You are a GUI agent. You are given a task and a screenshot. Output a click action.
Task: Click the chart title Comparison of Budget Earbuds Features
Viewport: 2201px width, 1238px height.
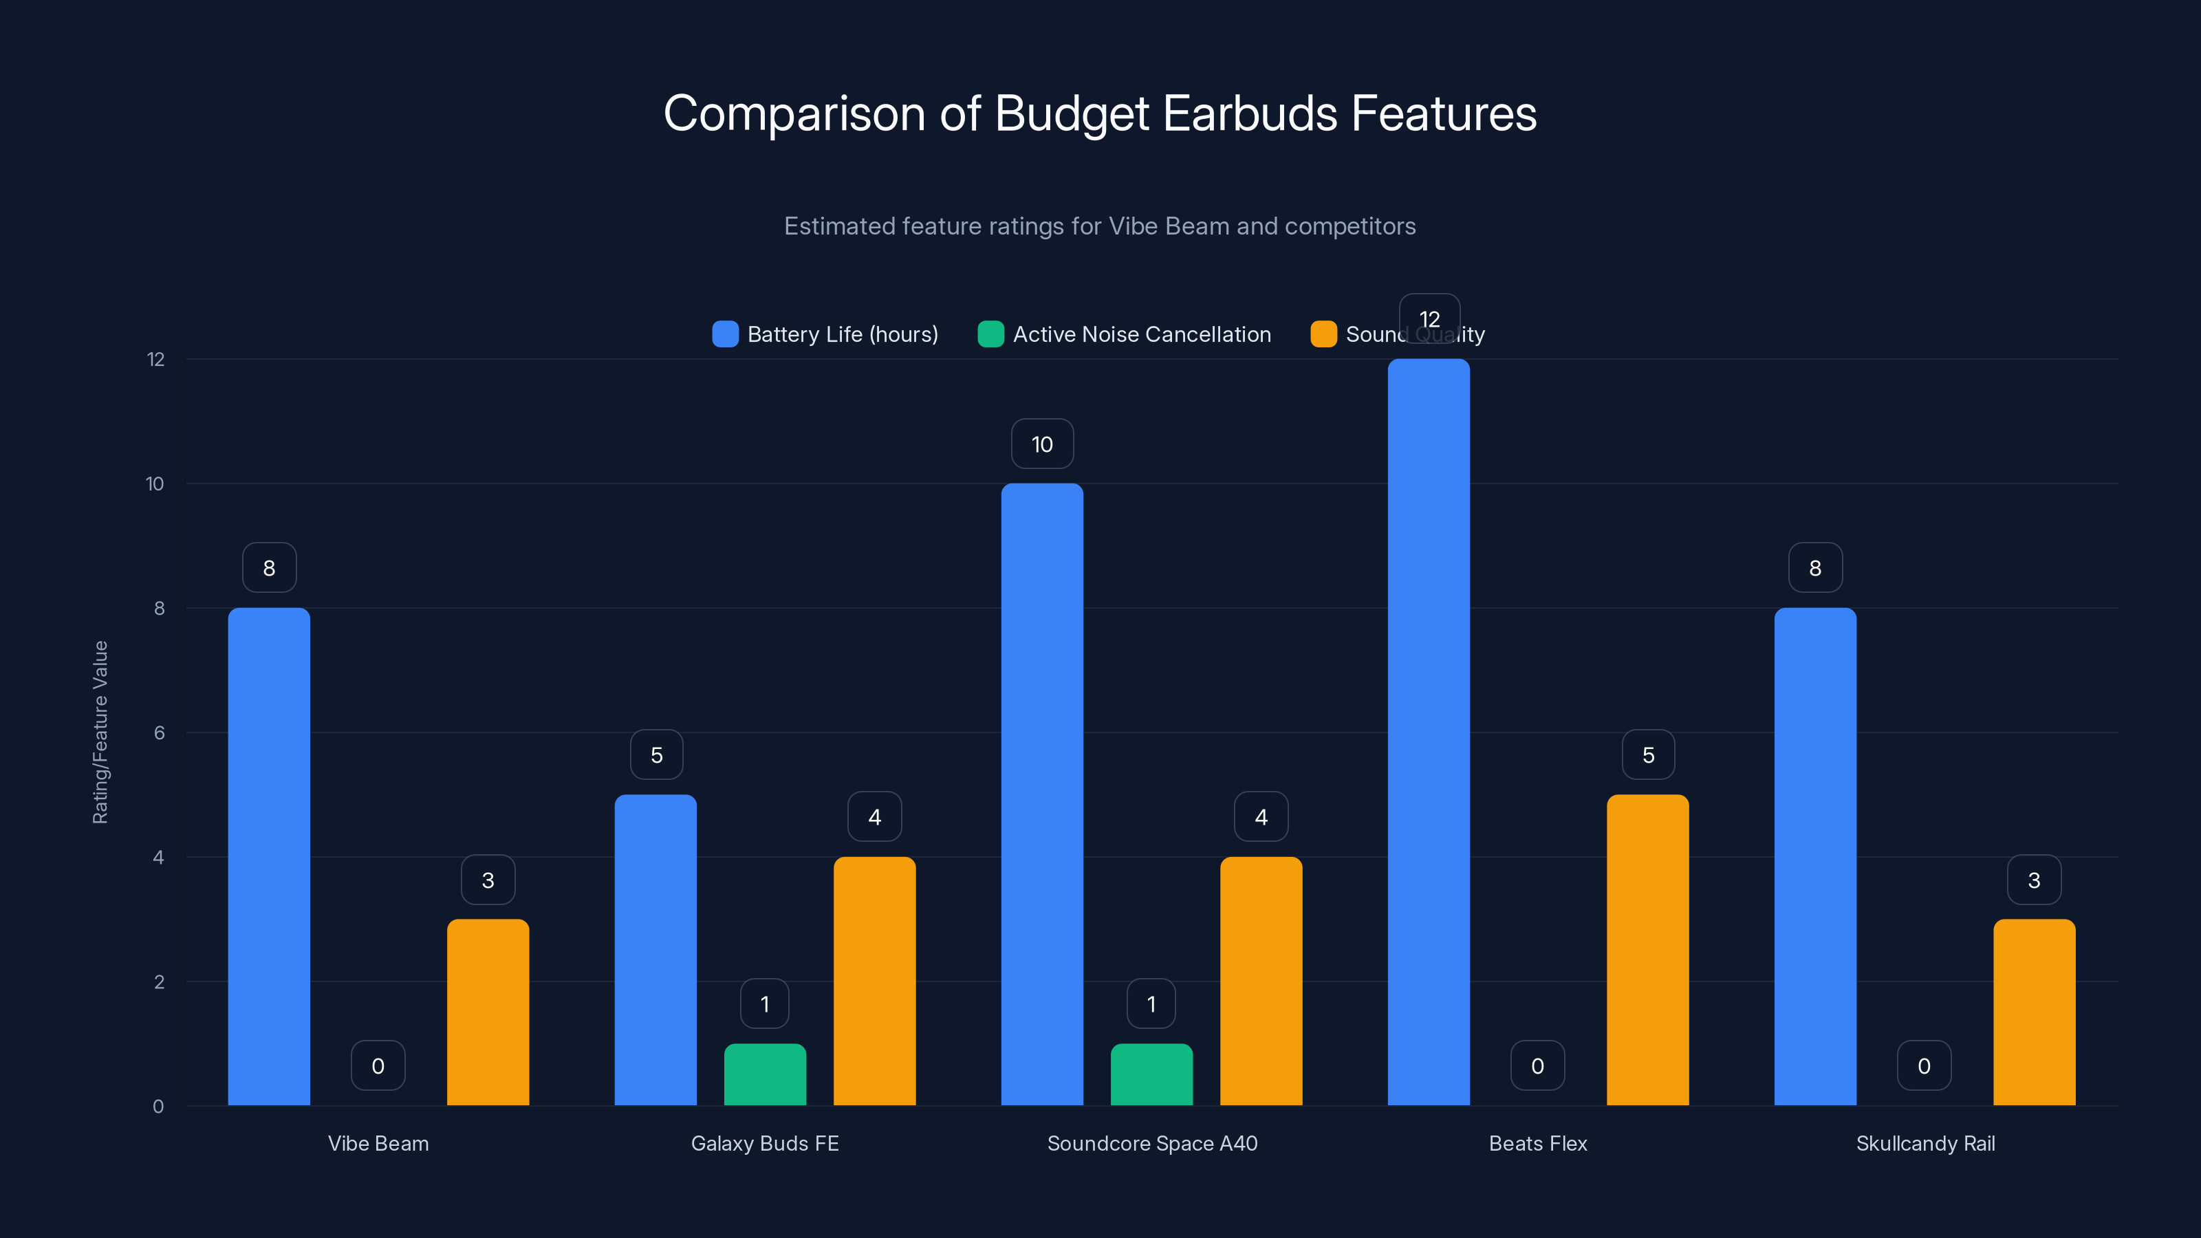tap(1100, 113)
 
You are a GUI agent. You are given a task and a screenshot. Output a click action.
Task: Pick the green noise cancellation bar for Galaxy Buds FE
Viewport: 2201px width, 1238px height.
tap(765, 1075)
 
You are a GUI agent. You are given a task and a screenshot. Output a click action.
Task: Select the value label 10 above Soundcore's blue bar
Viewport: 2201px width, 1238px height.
tap(1041, 444)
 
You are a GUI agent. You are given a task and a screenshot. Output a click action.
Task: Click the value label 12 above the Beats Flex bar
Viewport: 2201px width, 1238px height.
tap(1429, 318)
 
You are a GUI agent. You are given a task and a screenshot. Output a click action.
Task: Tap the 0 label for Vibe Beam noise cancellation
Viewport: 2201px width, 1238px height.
tap(378, 1065)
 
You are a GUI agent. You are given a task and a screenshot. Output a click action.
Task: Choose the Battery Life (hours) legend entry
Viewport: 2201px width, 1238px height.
tap(825, 334)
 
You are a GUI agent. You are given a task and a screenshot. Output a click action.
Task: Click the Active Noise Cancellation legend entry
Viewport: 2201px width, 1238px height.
tap(1125, 334)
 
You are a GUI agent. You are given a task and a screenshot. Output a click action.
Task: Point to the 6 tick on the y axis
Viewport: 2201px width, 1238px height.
tap(159, 733)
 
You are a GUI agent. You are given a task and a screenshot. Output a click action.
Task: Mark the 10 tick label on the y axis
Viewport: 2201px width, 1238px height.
tap(155, 484)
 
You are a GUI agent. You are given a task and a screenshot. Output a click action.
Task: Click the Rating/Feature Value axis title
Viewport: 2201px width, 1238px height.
tap(100, 732)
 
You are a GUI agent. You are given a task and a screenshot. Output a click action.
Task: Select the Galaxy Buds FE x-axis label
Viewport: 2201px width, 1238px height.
tap(765, 1143)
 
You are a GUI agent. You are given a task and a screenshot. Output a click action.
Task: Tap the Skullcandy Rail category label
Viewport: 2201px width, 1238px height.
tap(1925, 1143)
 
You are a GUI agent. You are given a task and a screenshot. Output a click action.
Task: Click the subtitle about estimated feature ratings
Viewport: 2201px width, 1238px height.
tap(1100, 226)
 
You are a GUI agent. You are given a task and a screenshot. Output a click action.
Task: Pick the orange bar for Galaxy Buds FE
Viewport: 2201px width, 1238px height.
tap(874, 981)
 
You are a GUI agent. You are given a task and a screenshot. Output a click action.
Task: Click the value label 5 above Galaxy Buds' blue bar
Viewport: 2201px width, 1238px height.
tap(656, 755)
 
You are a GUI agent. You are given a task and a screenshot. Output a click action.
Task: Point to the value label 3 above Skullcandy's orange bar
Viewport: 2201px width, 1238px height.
tap(2034, 880)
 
